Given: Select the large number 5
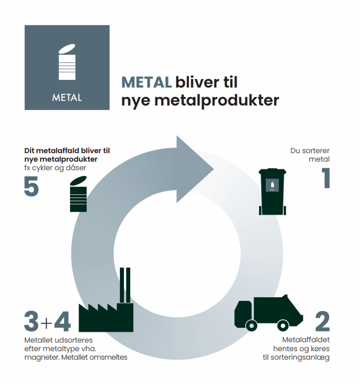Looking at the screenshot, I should coord(32,186).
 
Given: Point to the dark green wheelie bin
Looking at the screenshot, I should coord(272,191).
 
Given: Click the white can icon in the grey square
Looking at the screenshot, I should coord(67,62).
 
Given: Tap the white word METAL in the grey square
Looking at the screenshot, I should coord(67,97).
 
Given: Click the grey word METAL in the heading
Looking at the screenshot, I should coord(147,82).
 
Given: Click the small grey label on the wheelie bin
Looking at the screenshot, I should coord(272,185).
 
